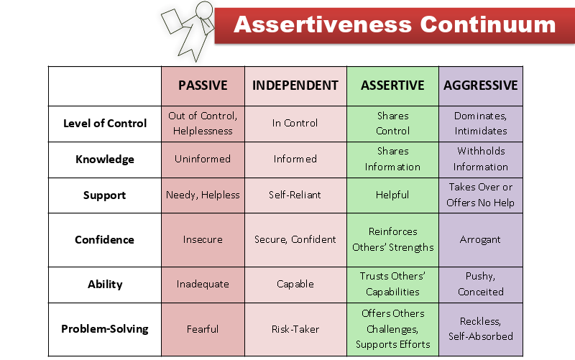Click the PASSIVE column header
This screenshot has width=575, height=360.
203,86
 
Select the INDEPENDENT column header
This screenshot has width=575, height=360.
295,86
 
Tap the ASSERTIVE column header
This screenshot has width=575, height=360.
392,86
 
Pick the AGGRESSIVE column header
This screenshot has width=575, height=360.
480,86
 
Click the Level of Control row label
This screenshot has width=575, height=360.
105,124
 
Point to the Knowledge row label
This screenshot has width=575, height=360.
105,160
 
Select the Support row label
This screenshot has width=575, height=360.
105,195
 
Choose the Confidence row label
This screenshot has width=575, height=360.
105,240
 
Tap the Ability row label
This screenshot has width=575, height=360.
105,285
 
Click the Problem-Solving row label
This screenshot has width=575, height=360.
105,329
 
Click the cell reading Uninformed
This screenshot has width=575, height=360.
203,160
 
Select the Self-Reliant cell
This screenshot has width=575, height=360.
295,195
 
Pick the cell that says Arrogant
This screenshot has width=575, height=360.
480,240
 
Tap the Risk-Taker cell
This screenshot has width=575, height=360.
295,329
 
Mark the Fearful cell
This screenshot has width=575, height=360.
203,329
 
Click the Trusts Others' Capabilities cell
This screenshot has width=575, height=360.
392,285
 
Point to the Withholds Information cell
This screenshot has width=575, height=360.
480,160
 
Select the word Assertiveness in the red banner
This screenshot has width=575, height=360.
323,24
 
